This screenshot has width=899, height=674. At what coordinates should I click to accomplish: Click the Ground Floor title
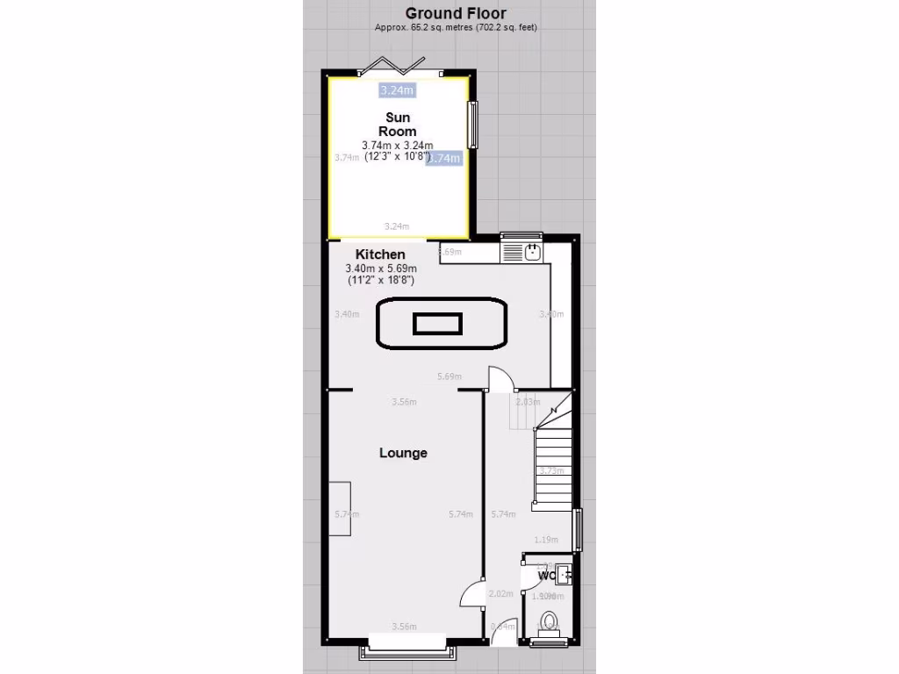coord(455,13)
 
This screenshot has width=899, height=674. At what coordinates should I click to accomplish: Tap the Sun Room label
coord(398,125)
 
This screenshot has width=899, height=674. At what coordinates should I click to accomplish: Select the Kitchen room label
coord(380,255)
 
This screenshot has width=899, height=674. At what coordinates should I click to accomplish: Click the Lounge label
coord(403,453)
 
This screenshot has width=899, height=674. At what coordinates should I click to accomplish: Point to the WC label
coord(547,577)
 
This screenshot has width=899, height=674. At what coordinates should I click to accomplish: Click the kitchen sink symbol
coord(532,253)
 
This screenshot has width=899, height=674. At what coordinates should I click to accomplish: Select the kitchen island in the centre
coord(442,324)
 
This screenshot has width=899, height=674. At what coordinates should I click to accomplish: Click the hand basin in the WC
coord(564,577)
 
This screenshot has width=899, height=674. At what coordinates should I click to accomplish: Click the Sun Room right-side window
coord(472,125)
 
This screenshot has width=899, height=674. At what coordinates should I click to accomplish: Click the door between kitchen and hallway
coord(500,379)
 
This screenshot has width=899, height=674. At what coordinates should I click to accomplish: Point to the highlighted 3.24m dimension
coord(397,90)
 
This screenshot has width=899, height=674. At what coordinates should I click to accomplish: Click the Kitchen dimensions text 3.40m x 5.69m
coord(381,269)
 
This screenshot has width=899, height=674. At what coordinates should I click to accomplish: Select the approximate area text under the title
coord(456,27)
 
